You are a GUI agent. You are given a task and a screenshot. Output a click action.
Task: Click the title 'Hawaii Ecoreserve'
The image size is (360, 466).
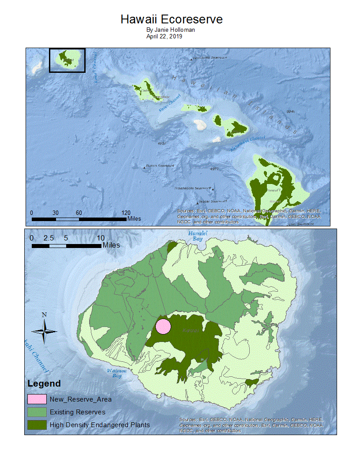pyautogui.click(x=172, y=19)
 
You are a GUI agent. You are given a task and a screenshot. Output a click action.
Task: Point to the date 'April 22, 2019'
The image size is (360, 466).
pyautogui.click(x=165, y=37)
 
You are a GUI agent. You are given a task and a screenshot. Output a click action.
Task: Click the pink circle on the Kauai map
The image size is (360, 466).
pyautogui.click(x=163, y=327)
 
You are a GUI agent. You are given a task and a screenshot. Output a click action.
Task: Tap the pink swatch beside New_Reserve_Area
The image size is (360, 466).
pyautogui.click(x=37, y=399)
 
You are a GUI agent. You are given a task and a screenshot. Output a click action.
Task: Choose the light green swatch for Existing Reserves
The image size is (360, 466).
pyautogui.click(x=37, y=412)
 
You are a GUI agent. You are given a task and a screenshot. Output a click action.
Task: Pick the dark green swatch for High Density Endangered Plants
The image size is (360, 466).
pyautogui.click(x=37, y=425)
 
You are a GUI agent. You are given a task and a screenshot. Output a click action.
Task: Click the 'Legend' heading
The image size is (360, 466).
pyautogui.click(x=44, y=383)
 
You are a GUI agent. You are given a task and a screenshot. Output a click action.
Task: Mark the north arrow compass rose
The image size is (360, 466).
pyautogui.click(x=44, y=331)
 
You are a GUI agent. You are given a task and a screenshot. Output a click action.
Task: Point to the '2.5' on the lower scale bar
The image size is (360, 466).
pyautogui.click(x=49, y=238)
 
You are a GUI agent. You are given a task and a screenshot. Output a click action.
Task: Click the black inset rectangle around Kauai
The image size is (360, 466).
pyautogui.click(x=67, y=60)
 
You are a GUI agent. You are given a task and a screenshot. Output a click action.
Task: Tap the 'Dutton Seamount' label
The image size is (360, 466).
pyautogui.click(x=160, y=166)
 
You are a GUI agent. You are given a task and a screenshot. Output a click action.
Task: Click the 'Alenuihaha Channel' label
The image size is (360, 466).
pyautogui.click(x=247, y=144)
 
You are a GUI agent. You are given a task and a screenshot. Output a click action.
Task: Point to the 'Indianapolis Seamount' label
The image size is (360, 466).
pyautogui.click(x=194, y=188)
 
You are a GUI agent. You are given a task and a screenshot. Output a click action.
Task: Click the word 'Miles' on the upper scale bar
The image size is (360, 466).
pyautogui.click(x=134, y=218)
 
